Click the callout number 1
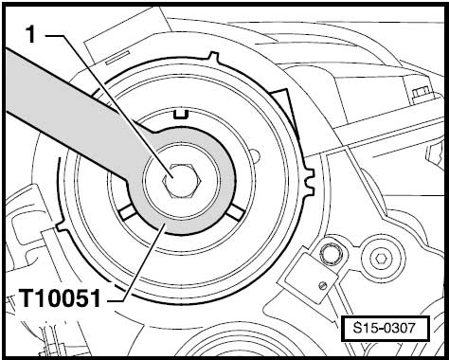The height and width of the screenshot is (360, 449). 30,34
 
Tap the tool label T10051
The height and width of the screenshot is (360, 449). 60,298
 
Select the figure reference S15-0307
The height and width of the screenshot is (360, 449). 385,328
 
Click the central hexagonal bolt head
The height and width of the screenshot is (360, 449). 181,181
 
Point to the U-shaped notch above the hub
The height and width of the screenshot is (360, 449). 181,115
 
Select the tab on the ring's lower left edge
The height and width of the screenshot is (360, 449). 62,225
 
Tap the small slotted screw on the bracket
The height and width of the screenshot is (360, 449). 322,286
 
